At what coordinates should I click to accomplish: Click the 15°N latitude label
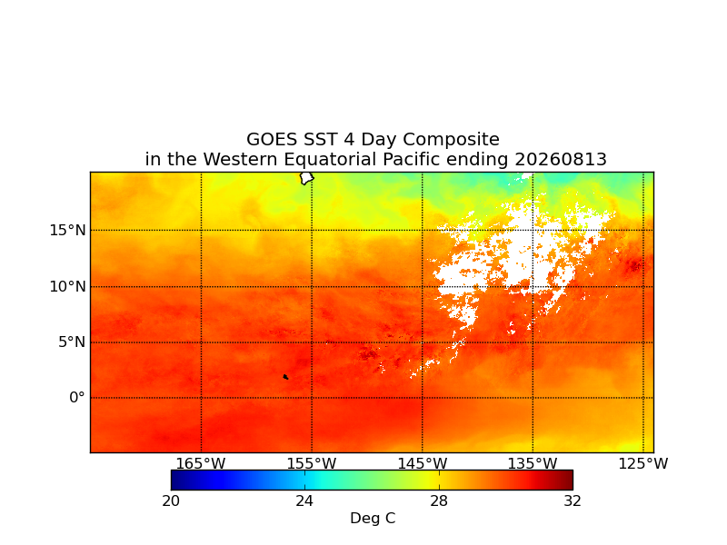(67, 231)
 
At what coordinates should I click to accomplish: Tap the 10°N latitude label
(67, 287)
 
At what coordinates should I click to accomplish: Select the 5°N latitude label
(72, 342)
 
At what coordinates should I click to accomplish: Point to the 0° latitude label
(77, 398)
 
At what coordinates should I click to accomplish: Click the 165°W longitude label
(201, 463)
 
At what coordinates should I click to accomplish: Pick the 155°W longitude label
(312, 463)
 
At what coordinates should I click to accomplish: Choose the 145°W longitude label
(423, 463)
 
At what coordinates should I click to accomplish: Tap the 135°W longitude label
(533, 463)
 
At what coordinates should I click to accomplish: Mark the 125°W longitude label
(643, 463)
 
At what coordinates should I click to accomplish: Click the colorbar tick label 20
(171, 501)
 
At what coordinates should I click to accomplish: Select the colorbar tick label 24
(304, 501)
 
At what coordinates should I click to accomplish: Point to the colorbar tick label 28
(439, 501)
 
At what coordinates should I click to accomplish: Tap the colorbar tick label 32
(573, 501)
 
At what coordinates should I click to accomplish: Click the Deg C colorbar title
(373, 518)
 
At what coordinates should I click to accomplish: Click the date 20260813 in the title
(561, 160)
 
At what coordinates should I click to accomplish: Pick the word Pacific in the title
(411, 160)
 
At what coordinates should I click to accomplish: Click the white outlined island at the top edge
(306, 178)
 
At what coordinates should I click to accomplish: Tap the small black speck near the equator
(285, 377)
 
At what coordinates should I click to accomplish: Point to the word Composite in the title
(451, 140)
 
